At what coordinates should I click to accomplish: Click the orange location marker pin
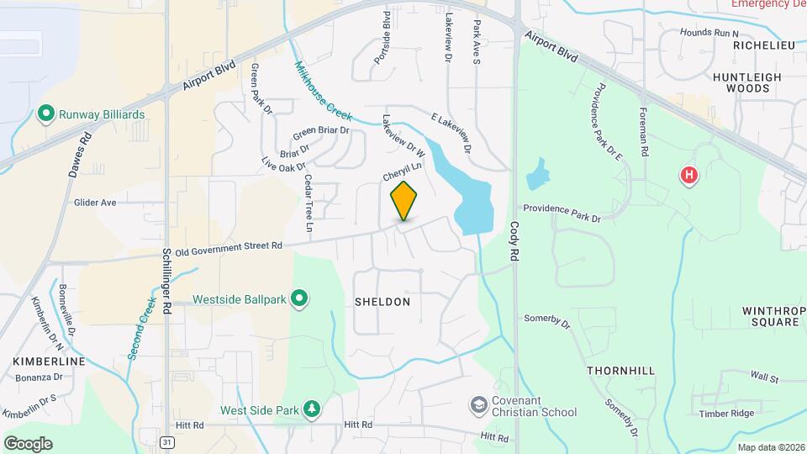point(404,201)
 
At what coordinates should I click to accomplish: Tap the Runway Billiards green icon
point(46,114)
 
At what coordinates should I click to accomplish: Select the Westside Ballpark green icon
point(298,298)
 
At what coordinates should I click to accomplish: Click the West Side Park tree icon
point(312,409)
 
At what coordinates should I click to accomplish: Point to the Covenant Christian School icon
point(478,405)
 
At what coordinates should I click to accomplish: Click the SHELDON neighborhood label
point(382,301)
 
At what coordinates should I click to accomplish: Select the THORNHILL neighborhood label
point(620,370)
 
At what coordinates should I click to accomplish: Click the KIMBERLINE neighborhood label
point(49,361)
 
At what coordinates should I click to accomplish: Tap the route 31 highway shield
point(169,441)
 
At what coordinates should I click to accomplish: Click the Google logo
point(28,443)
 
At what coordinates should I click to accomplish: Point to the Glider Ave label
point(95,203)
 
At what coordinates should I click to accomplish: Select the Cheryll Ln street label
point(402,172)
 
